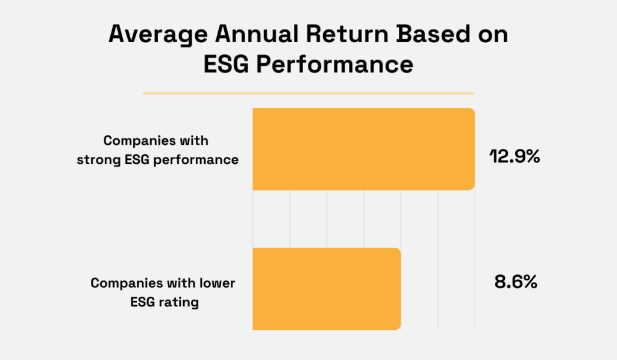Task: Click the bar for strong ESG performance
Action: pos(363,148)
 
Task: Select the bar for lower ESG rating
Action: pos(327,288)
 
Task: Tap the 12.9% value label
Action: pos(514,158)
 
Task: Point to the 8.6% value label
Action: pos(512,282)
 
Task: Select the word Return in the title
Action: pos(339,35)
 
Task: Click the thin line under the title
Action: pos(308,93)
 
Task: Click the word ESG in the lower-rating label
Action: pos(141,302)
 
